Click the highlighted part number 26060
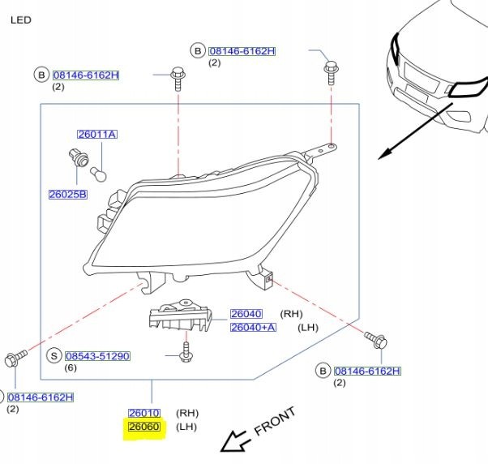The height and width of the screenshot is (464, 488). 144,427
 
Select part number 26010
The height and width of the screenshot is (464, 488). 144,413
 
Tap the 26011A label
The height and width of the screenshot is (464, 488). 97,135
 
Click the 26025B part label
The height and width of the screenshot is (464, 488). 68,195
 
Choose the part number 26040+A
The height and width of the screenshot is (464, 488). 253,328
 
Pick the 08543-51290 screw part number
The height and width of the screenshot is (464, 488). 97,356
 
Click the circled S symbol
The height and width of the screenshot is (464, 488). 54,356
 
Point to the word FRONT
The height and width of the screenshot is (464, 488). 275,421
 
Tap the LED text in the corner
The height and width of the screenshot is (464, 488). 21,19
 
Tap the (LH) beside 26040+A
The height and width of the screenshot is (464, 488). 309,328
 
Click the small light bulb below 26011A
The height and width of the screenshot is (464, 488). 96,172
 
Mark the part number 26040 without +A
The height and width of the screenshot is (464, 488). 246,314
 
